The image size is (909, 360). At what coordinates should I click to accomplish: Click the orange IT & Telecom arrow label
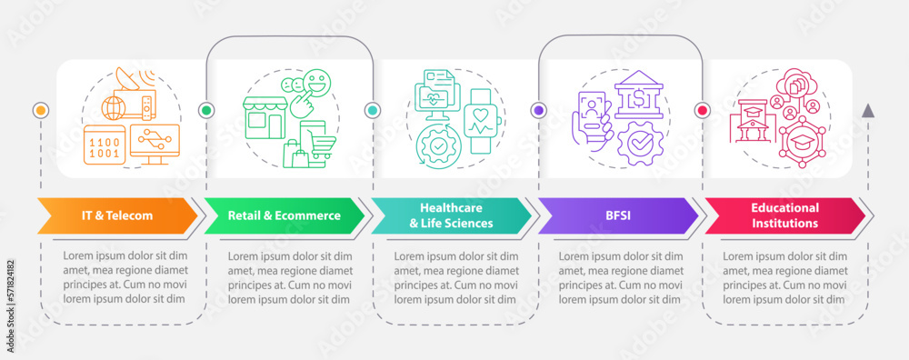click(116, 215)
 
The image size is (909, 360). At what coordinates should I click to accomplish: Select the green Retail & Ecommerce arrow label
click(284, 215)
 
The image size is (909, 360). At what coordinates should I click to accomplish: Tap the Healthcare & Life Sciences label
click(450, 215)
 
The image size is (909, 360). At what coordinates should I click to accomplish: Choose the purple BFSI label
click(616, 215)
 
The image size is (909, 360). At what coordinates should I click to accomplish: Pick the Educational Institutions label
click(784, 215)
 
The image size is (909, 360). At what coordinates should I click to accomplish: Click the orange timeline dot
click(40, 110)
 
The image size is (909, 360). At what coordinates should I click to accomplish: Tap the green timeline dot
click(206, 110)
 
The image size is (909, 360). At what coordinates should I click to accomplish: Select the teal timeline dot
click(372, 110)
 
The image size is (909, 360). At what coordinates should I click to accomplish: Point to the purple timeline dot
click(538, 110)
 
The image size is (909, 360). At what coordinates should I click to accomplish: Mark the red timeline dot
click(702, 110)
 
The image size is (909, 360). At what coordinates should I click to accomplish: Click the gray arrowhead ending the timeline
click(868, 111)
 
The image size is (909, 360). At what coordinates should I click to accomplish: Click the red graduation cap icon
click(801, 144)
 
